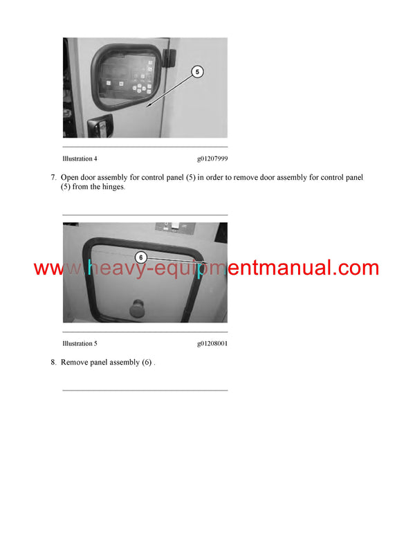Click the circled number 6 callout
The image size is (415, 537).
point(140,257)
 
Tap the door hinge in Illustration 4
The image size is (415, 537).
point(172,55)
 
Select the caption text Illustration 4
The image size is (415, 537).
point(80,158)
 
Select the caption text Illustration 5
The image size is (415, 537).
point(80,343)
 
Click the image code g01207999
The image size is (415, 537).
point(212,158)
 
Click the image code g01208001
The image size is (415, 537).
point(212,343)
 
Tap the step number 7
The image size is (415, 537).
point(53,178)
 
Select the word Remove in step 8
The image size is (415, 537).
point(75,363)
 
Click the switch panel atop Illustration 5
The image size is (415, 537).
point(174,227)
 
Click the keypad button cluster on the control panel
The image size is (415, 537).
point(143,87)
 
